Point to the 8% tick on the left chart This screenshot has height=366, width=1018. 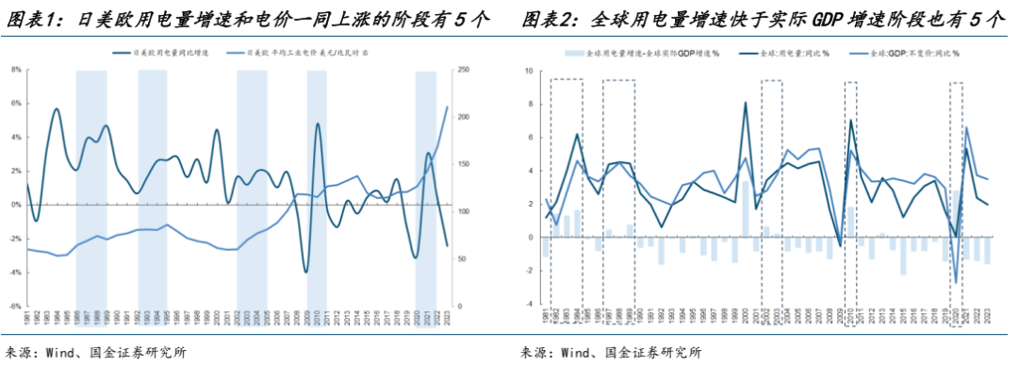pyautogui.click(x=16, y=70)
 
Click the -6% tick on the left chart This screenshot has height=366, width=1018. pyautogui.click(x=16, y=307)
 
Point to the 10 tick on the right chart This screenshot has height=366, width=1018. pyautogui.click(x=528, y=71)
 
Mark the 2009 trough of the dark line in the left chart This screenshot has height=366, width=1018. pyautogui.click(x=305, y=272)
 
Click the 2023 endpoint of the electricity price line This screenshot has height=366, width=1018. pyautogui.click(x=447, y=107)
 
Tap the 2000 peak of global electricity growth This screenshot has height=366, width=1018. pyautogui.click(x=746, y=103)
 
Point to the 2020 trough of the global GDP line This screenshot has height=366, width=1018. pyautogui.click(x=956, y=282)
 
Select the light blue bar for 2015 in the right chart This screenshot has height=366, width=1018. pyautogui.click(x=903, y=256)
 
